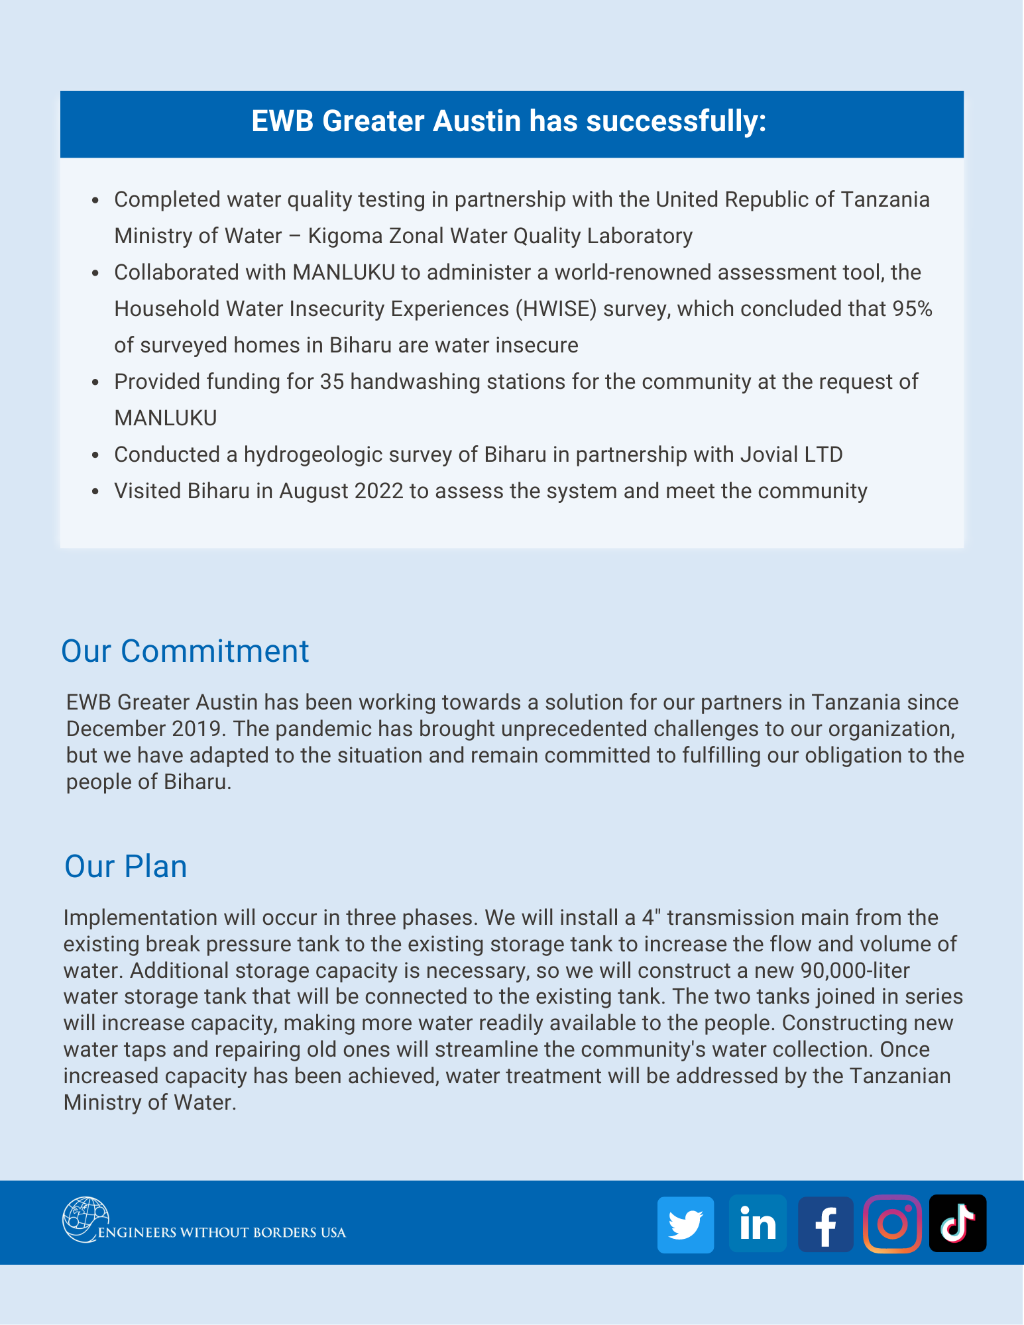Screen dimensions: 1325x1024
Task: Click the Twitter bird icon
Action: pyautogui.click(x=685, y=1224)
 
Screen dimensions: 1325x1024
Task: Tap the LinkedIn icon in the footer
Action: pyautogui.click(x=758, y=1224)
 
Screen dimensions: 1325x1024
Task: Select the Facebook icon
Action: pyautogui.click(x=825, y=1224)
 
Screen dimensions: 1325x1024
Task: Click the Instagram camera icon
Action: pyautogui.click(x=892, y=1224)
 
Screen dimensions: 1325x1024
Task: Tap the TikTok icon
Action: pyautogui.click(x=958, y=1223)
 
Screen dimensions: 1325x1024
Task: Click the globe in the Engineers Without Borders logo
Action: pyautogui.click(x=84, y=1219)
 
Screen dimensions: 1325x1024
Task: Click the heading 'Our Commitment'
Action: pyautogui.click(x=185, y=651)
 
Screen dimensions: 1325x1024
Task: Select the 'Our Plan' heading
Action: pyautogui.click(x=125, y=866)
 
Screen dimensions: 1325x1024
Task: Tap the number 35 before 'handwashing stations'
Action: pyautogui.click(x=331, y=382)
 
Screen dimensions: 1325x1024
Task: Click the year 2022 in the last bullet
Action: pyautogui.click(x=378, y=491)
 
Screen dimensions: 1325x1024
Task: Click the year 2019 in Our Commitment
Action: pyautogui.click(x=196, y=729)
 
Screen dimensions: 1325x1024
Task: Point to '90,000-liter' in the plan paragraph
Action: pyautogui.click(x=855, y=971)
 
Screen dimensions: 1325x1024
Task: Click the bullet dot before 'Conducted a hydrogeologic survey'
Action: pyautogui.click(x=96, y=455)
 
